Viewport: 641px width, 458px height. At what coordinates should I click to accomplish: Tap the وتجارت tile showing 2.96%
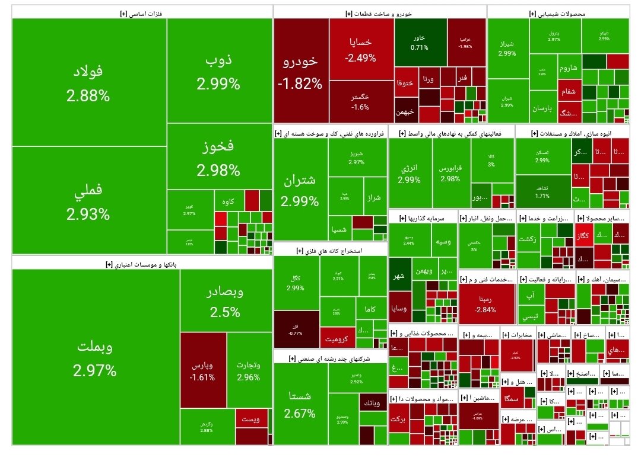pos(248,370)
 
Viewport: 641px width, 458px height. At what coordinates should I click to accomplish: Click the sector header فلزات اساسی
pos(141,13)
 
